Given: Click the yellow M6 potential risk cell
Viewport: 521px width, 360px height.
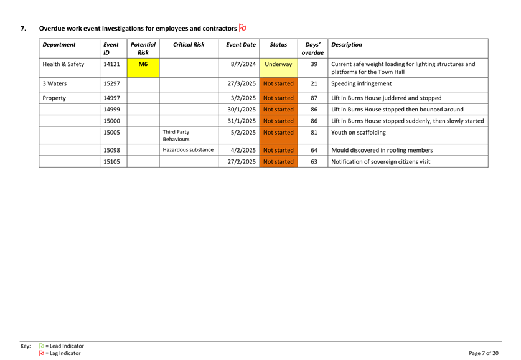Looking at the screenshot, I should point(143,64).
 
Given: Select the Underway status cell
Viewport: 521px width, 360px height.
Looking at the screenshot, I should point(278,64).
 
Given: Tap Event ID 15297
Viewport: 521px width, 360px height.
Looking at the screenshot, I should point(111,83).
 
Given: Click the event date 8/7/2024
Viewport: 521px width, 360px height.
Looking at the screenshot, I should point(241,64).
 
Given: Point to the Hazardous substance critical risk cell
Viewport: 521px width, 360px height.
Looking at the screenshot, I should point(188,150).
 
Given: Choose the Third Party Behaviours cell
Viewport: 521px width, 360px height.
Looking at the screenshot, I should point(178,136).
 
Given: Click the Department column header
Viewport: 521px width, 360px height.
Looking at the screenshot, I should point(59,45).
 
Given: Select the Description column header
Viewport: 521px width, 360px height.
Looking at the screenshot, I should point(347,45).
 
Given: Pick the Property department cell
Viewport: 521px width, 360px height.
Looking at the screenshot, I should point(55,98).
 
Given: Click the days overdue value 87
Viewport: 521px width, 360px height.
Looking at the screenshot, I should point(314,98).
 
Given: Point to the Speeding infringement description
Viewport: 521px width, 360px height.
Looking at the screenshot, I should point(362,83).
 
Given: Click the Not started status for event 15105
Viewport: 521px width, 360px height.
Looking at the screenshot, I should point(278,162).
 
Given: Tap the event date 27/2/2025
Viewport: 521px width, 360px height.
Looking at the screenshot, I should point(241,162).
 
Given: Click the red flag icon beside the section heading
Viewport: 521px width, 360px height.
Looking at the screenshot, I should point(243,27).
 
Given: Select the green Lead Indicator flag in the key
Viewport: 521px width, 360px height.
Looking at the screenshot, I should point(42,346).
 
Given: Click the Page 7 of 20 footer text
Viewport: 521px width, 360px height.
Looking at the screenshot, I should point(484,353).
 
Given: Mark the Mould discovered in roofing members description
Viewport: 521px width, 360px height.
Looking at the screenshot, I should point(382,150).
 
